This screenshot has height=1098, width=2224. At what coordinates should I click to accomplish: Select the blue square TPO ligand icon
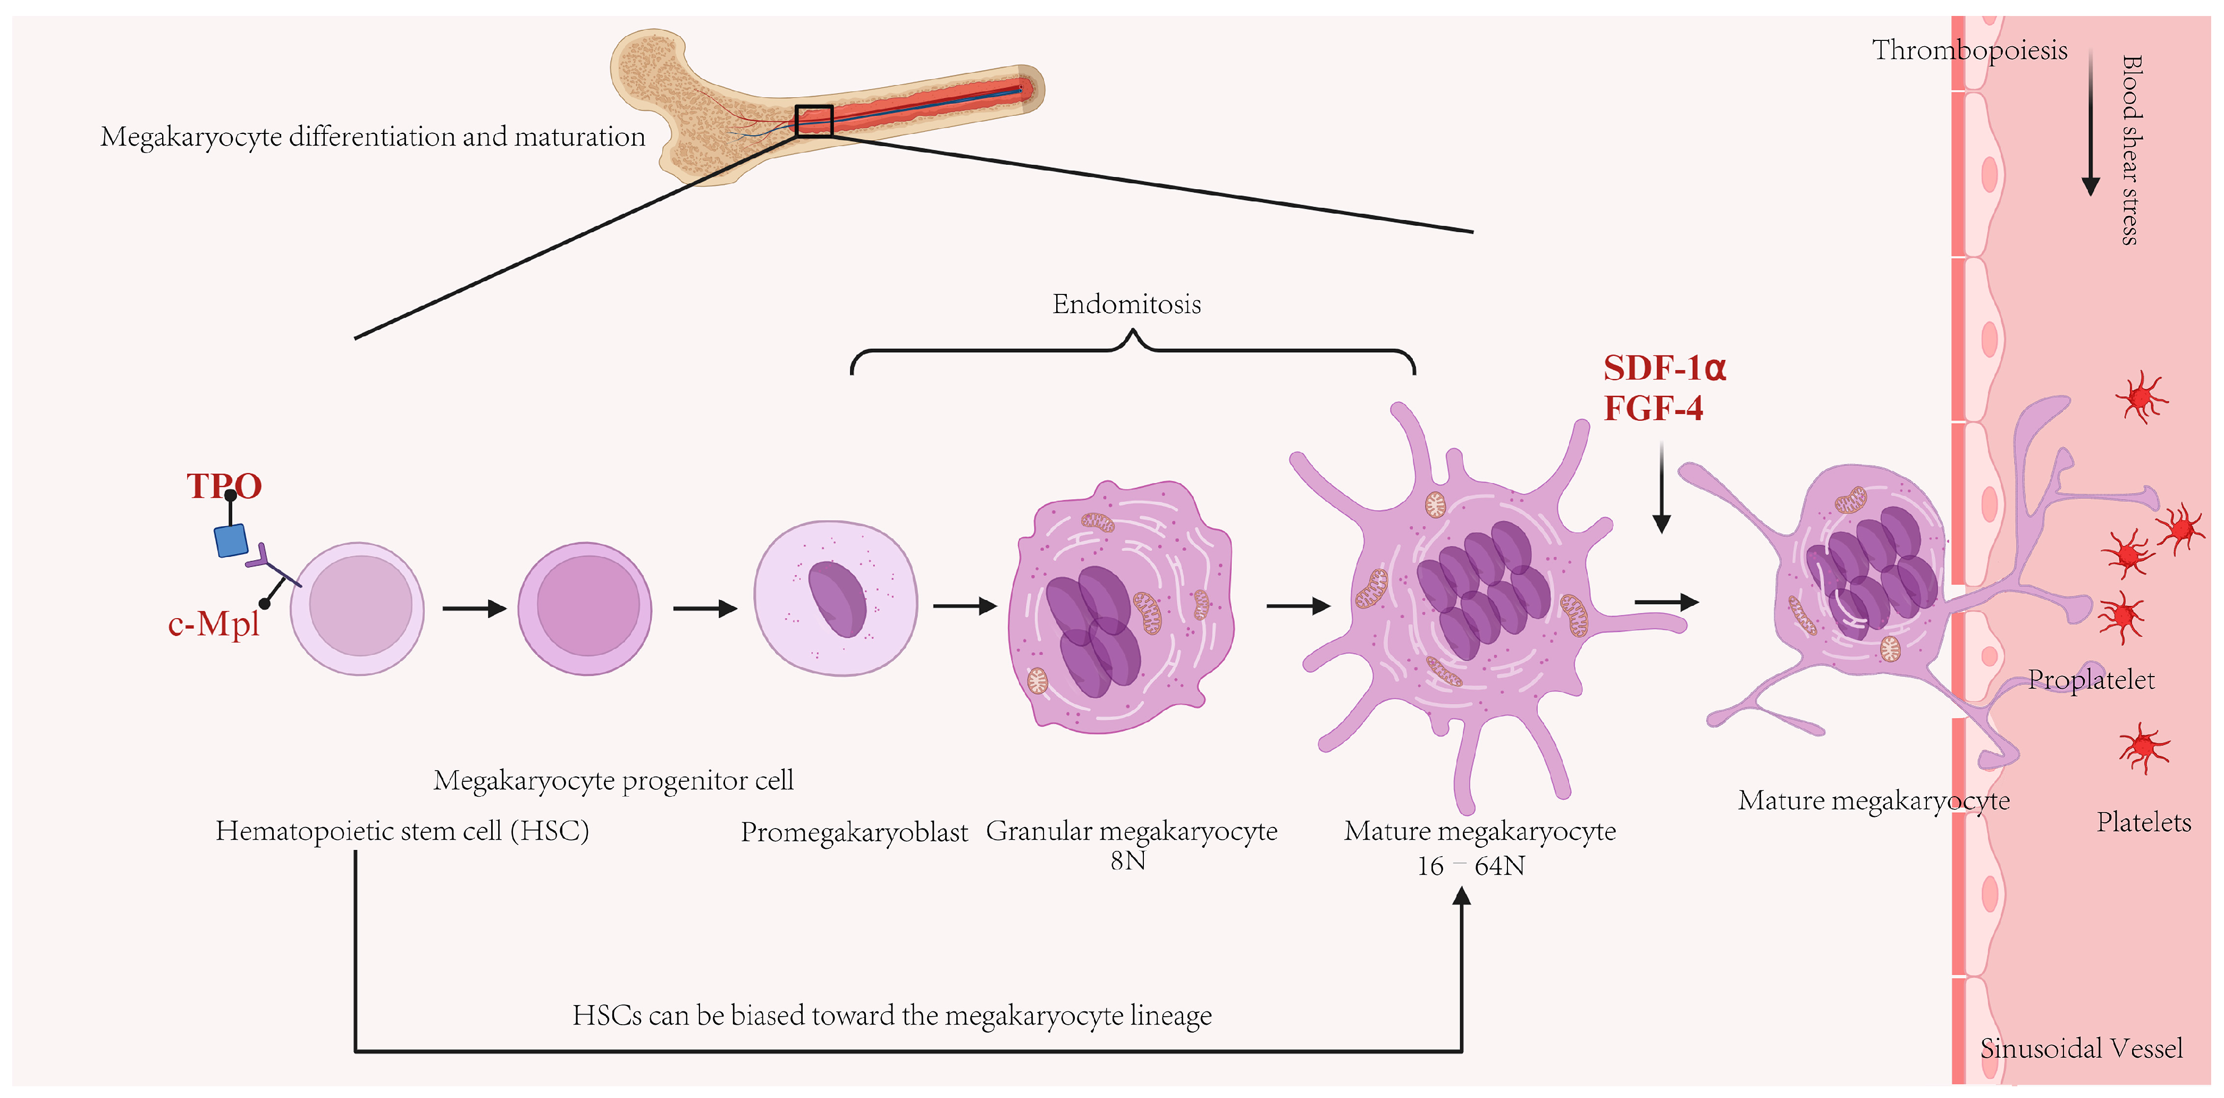[x=231, y=540]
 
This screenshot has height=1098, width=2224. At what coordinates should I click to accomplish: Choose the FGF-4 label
[x=1653, y=408]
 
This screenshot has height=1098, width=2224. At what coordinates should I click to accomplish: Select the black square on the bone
[x=813, y=121]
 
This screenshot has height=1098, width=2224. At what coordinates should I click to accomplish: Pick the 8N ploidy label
[x=1127, y=860]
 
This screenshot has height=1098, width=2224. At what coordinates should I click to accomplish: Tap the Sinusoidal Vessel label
[x=2080, y=1048]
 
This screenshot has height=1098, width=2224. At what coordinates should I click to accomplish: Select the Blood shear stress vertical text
[x=2131, y=150]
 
